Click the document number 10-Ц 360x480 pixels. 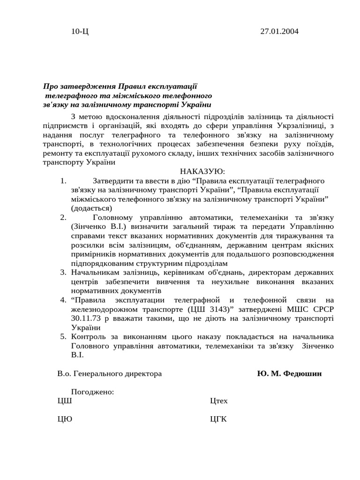pyautogui.click(x=79, y=31)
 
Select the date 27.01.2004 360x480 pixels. pyautogui.click(x=279, y=31)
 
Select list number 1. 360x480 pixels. pyautogui.click(x=63, y=181)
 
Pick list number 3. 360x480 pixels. pyautogui.click(x=63, y=272)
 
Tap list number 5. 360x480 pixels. pyautogui.click(x=63, y=337)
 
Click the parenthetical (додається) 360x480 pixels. pyautogui.click(x=91, y=208)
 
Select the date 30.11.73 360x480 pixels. pyautogui.click(x=85, y=318)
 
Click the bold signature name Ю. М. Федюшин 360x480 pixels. pyautogui.click(x=289, y=374)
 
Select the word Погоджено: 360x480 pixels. pyautogui.click(x=92, y=392)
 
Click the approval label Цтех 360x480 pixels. pyautogui.click(x=219, y=401)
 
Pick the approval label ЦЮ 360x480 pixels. pyautogui.click(x=65, y=420)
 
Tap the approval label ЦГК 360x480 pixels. pyautogui.click(x=218, y=420)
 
